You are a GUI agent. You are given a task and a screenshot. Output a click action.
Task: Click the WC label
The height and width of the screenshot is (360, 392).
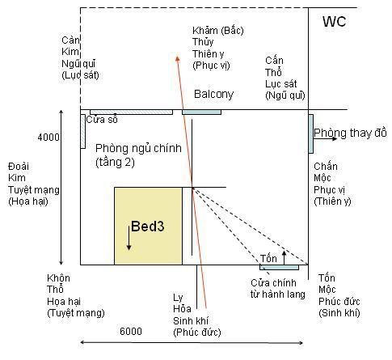pos(334,21)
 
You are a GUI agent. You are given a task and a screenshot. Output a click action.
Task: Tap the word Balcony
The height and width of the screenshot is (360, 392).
pos(213,94)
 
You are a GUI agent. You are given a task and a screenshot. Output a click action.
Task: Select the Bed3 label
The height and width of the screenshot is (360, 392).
pos(148,227)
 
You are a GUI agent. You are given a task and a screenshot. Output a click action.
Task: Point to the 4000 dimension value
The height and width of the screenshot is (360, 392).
pos(48,138)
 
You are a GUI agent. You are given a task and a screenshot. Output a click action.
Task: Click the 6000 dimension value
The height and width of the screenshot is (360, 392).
pos(131,332)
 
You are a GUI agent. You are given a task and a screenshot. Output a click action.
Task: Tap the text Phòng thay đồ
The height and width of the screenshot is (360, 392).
pos(350,133)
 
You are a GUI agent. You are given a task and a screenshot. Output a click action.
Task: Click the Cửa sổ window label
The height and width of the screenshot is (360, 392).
pos(102,120)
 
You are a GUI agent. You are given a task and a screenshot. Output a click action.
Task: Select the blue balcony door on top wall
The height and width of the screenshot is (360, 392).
pos(202,112)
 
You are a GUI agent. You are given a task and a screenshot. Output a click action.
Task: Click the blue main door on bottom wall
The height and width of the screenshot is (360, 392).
pos(279,267)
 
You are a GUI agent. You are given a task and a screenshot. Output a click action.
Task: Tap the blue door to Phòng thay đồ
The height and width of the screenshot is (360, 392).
pos(311,133)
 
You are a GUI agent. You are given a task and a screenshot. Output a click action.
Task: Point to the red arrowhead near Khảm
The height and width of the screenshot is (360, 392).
pos(178,59)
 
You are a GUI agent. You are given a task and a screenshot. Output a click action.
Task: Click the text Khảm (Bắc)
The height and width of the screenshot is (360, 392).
pos(218,31)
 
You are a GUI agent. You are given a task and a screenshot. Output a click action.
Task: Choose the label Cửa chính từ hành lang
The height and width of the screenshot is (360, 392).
pos(278,289)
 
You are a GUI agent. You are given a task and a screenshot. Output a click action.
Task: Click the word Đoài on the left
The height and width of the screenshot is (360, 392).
pos(19,167)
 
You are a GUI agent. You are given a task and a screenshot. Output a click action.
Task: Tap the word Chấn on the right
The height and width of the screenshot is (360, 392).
pos(326,167)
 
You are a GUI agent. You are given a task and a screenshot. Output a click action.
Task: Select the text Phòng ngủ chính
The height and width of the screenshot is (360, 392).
pos(138,149)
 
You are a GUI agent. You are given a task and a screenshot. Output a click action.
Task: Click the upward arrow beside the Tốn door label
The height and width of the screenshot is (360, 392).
pos(284,257)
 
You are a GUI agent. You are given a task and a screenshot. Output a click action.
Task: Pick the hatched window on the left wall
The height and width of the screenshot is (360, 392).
pos(83,131)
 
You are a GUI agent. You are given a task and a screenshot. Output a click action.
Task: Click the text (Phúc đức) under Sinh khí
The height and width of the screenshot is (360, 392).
pos(197,332)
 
